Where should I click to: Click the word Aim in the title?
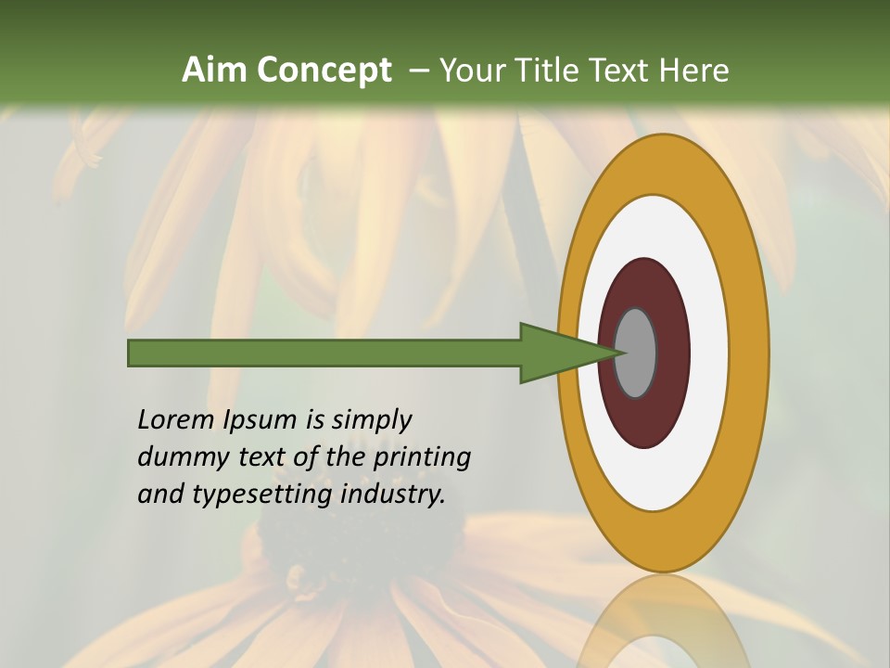(216, 70)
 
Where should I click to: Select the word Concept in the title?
(324, 70)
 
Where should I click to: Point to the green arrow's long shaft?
(324, 353)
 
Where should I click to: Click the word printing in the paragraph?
(421, 457)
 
